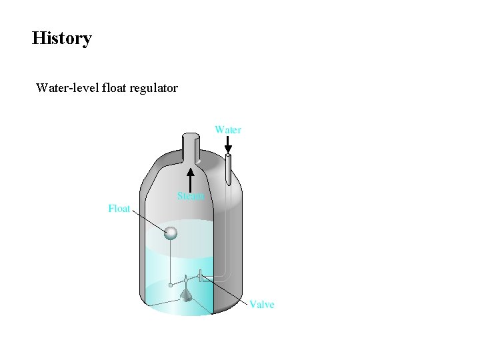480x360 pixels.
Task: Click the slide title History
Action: [61, 38]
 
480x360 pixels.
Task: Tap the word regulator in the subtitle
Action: [155, 87]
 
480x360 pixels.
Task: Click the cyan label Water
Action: [227, 129]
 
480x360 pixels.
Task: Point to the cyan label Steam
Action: [191, 196]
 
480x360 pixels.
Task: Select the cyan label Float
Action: [119, 209]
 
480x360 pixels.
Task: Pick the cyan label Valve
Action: [261, 304]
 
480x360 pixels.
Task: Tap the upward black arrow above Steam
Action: [191, 179]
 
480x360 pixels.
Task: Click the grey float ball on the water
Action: [171, 232]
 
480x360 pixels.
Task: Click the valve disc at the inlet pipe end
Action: [200, 275]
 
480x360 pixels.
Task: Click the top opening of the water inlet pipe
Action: [228, 157]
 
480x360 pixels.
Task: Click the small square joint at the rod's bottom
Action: [171, 285]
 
